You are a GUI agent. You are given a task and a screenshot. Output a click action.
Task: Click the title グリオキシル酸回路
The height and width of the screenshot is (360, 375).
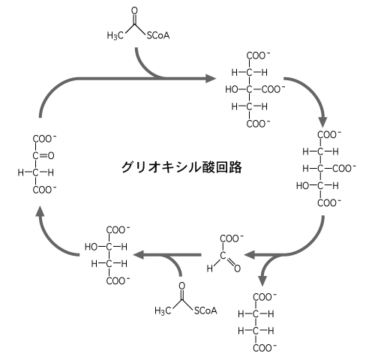tap(181, 167)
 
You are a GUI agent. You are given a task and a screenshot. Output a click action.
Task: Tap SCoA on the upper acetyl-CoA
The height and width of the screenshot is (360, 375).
tap(158, 35)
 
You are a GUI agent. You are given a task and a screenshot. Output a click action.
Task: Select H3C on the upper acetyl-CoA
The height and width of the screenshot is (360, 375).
tap(115, 35)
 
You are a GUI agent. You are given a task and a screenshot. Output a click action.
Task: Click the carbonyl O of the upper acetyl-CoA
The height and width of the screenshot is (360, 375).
tap(134, 10)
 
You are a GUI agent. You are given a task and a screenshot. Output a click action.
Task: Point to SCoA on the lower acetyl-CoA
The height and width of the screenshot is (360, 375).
tap(205, 310)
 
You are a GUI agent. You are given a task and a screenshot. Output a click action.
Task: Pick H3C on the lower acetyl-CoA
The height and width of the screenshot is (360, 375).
tap(163, 310)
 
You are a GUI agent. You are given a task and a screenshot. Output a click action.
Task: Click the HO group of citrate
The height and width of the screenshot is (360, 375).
tap(232, 89)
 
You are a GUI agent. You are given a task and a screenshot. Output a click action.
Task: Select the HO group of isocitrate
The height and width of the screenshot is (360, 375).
tap(303, 186)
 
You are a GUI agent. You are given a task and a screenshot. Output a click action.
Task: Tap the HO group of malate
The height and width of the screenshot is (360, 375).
tap(91, 247)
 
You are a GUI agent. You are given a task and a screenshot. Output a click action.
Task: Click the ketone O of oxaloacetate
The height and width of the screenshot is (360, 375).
tap(51, 156)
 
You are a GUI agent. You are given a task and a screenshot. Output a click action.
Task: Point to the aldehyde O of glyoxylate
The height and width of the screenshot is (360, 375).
tap(237, 268)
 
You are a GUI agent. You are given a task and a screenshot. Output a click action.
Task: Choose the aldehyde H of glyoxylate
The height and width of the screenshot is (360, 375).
tap(210, 268)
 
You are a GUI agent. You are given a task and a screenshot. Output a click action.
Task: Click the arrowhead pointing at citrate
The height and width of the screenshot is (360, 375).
tap(211, 79)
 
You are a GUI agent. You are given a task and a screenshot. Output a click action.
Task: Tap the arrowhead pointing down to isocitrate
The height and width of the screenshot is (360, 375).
tap(322, 121)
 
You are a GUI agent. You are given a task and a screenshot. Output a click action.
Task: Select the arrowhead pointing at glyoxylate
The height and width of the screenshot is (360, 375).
tap(249, 255)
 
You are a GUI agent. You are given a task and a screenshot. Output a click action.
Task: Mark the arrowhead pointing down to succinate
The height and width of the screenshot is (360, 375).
tap(262, 280)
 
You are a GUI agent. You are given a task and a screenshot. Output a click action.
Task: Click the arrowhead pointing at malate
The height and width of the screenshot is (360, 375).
tap(138, 255)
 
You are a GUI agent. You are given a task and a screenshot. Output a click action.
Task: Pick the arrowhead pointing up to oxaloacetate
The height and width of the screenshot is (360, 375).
tap(40, 211)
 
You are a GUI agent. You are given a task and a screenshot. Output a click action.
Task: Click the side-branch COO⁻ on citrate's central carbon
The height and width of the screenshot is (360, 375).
tap(273, 89)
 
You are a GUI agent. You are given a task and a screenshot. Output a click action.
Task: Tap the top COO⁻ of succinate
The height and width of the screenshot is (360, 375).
tap(265, 297)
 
